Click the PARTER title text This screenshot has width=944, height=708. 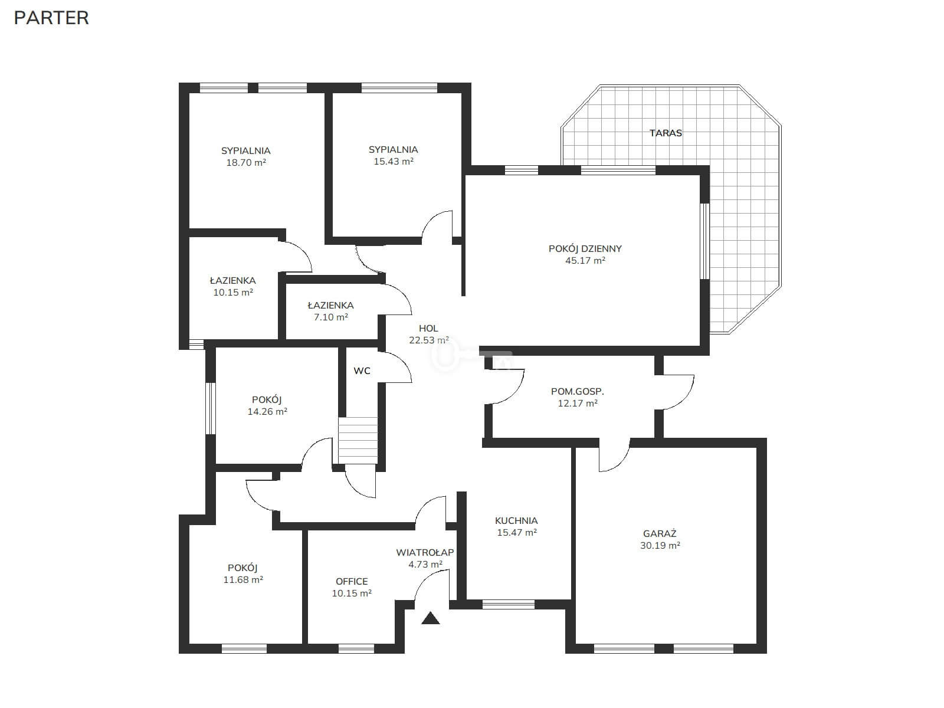coord(51,18)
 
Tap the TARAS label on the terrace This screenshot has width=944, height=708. coord(666,133)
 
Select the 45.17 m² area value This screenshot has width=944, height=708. coord(585,261)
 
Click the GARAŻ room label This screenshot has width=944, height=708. coord(660,533)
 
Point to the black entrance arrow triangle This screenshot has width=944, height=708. coord(431,618)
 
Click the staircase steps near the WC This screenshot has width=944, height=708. coord(358,440)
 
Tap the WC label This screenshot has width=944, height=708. coord(362,371)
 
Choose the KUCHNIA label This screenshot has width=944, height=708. coord(516,520)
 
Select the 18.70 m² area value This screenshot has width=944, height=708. coord(246,162)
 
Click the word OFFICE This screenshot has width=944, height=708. coord(352,582)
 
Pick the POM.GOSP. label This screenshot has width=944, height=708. coord(578,392)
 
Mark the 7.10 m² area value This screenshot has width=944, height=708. coord(331,317)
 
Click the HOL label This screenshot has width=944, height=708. coord(428,329)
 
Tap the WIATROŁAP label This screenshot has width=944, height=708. coord(425,552)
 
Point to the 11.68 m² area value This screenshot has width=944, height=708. coord(243,579)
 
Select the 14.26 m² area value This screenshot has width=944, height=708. coord(267,411)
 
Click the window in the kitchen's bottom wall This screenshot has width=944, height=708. coord(509,604)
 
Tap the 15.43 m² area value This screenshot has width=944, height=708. coord(394,161)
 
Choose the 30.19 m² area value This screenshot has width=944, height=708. coord(660,546)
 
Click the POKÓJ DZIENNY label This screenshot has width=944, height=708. coord(585,248)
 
